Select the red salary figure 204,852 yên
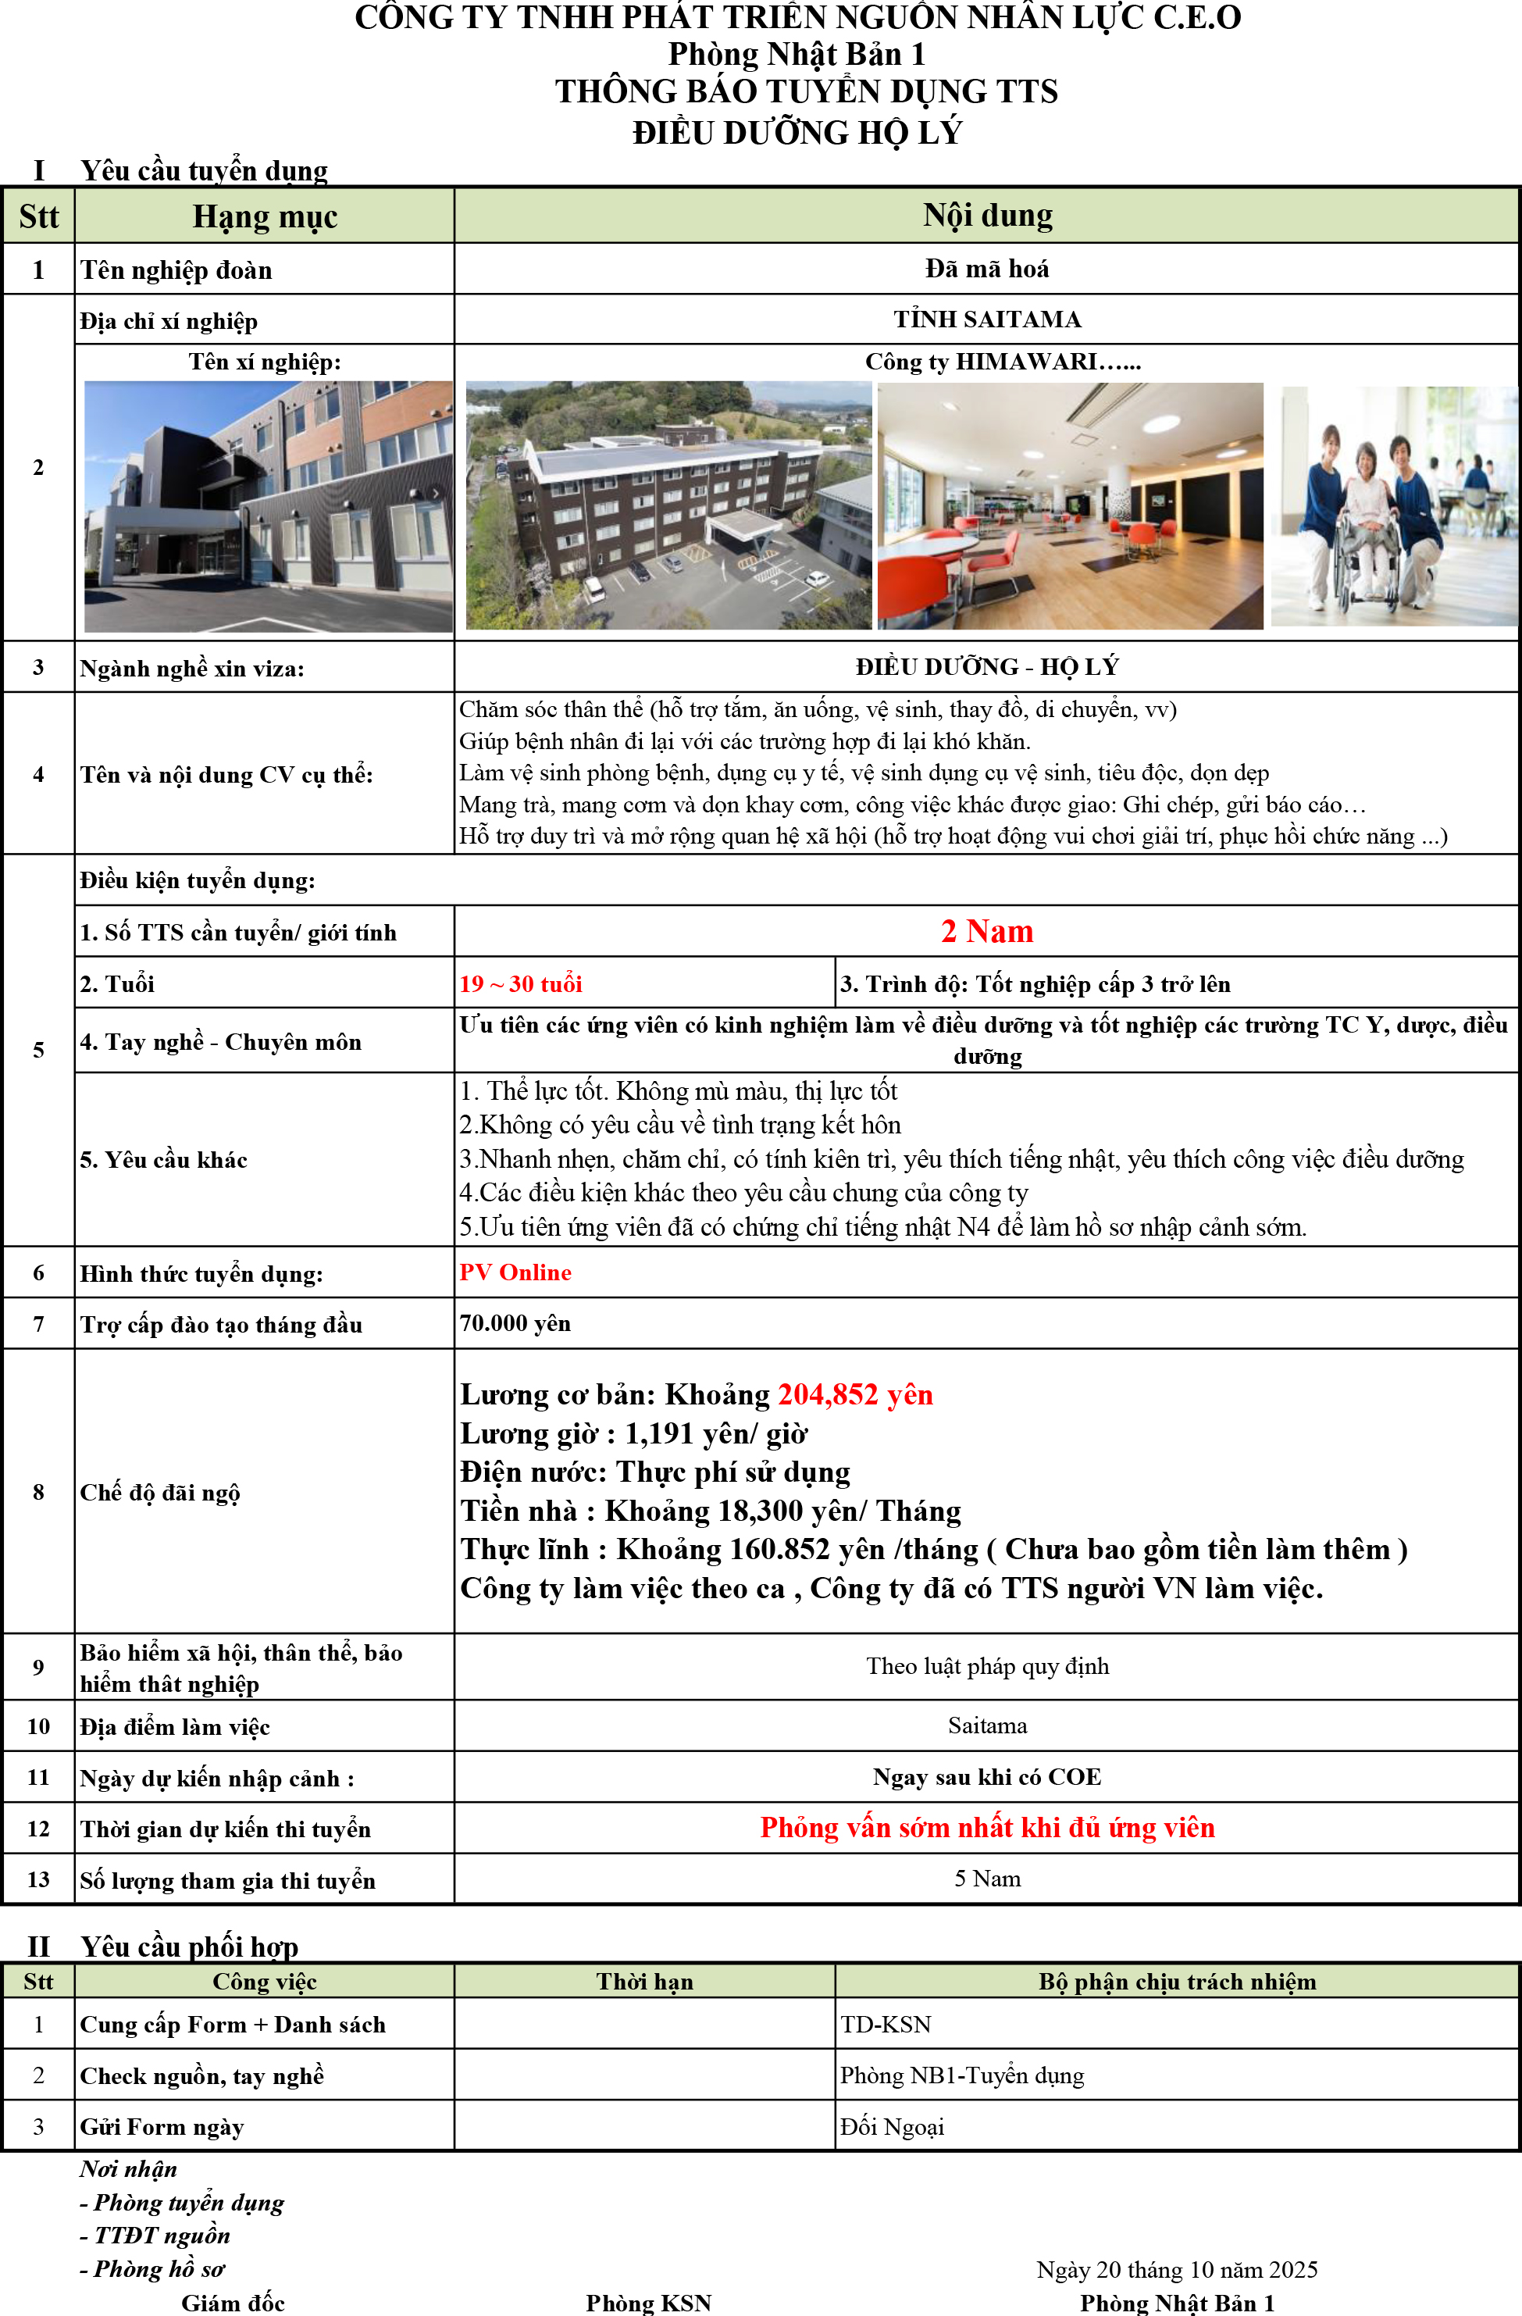point(854,1394)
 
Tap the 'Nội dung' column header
point(987,215)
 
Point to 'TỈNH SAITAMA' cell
point(987,319)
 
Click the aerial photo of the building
point(668,505)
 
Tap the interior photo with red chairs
point(1070,505)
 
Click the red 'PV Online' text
point(515,1272)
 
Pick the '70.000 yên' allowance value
point(515,1323)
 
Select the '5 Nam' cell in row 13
point(987,1878)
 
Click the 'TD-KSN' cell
point(886,2024)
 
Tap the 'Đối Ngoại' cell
point(891,2126)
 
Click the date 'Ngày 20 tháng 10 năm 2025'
point(1177,2269)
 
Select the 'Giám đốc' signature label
point(233,2303)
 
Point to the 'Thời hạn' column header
point(644,1981)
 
